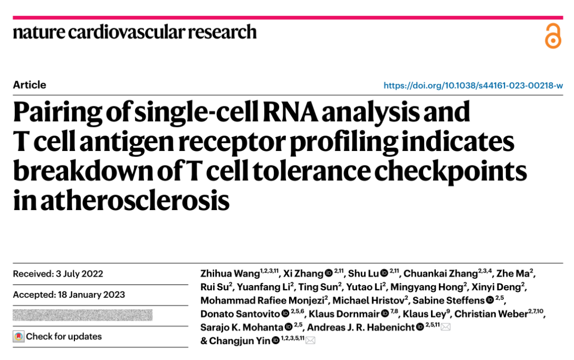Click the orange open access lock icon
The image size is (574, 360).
click(x=553, y=36)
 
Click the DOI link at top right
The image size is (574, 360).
click(x=473, y=85)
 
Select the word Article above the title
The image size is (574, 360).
click(x=30, y=85)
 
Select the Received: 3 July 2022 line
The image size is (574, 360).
click(x=58, y=274)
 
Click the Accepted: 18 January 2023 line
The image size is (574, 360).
click(x=69, y=295)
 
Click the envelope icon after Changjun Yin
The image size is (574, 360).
click(x=310, y=341)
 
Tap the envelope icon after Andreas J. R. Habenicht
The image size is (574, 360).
click(x=445, y=327)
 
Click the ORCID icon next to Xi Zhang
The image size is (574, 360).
click(x=328, y=274)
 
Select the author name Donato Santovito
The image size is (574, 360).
click(x=240, y=314)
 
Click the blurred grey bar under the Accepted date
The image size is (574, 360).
click(x=82, y=315)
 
